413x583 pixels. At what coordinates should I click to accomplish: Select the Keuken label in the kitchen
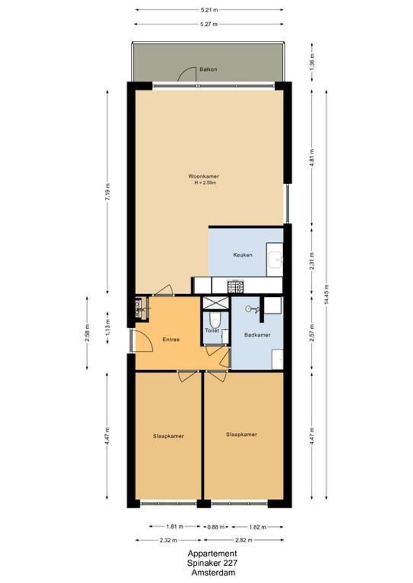[x=243, y=255]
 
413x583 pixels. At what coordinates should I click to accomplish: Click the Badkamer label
[x=257, y=335]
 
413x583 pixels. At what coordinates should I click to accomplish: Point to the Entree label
[x=171, y=340]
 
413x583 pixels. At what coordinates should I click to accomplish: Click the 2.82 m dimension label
[x=243, y=540]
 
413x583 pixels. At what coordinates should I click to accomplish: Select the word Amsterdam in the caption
[x=212, y=573]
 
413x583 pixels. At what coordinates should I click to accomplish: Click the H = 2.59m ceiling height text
[x=205, y=183]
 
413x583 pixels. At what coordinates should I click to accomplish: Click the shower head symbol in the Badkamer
[x=250, y=309]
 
